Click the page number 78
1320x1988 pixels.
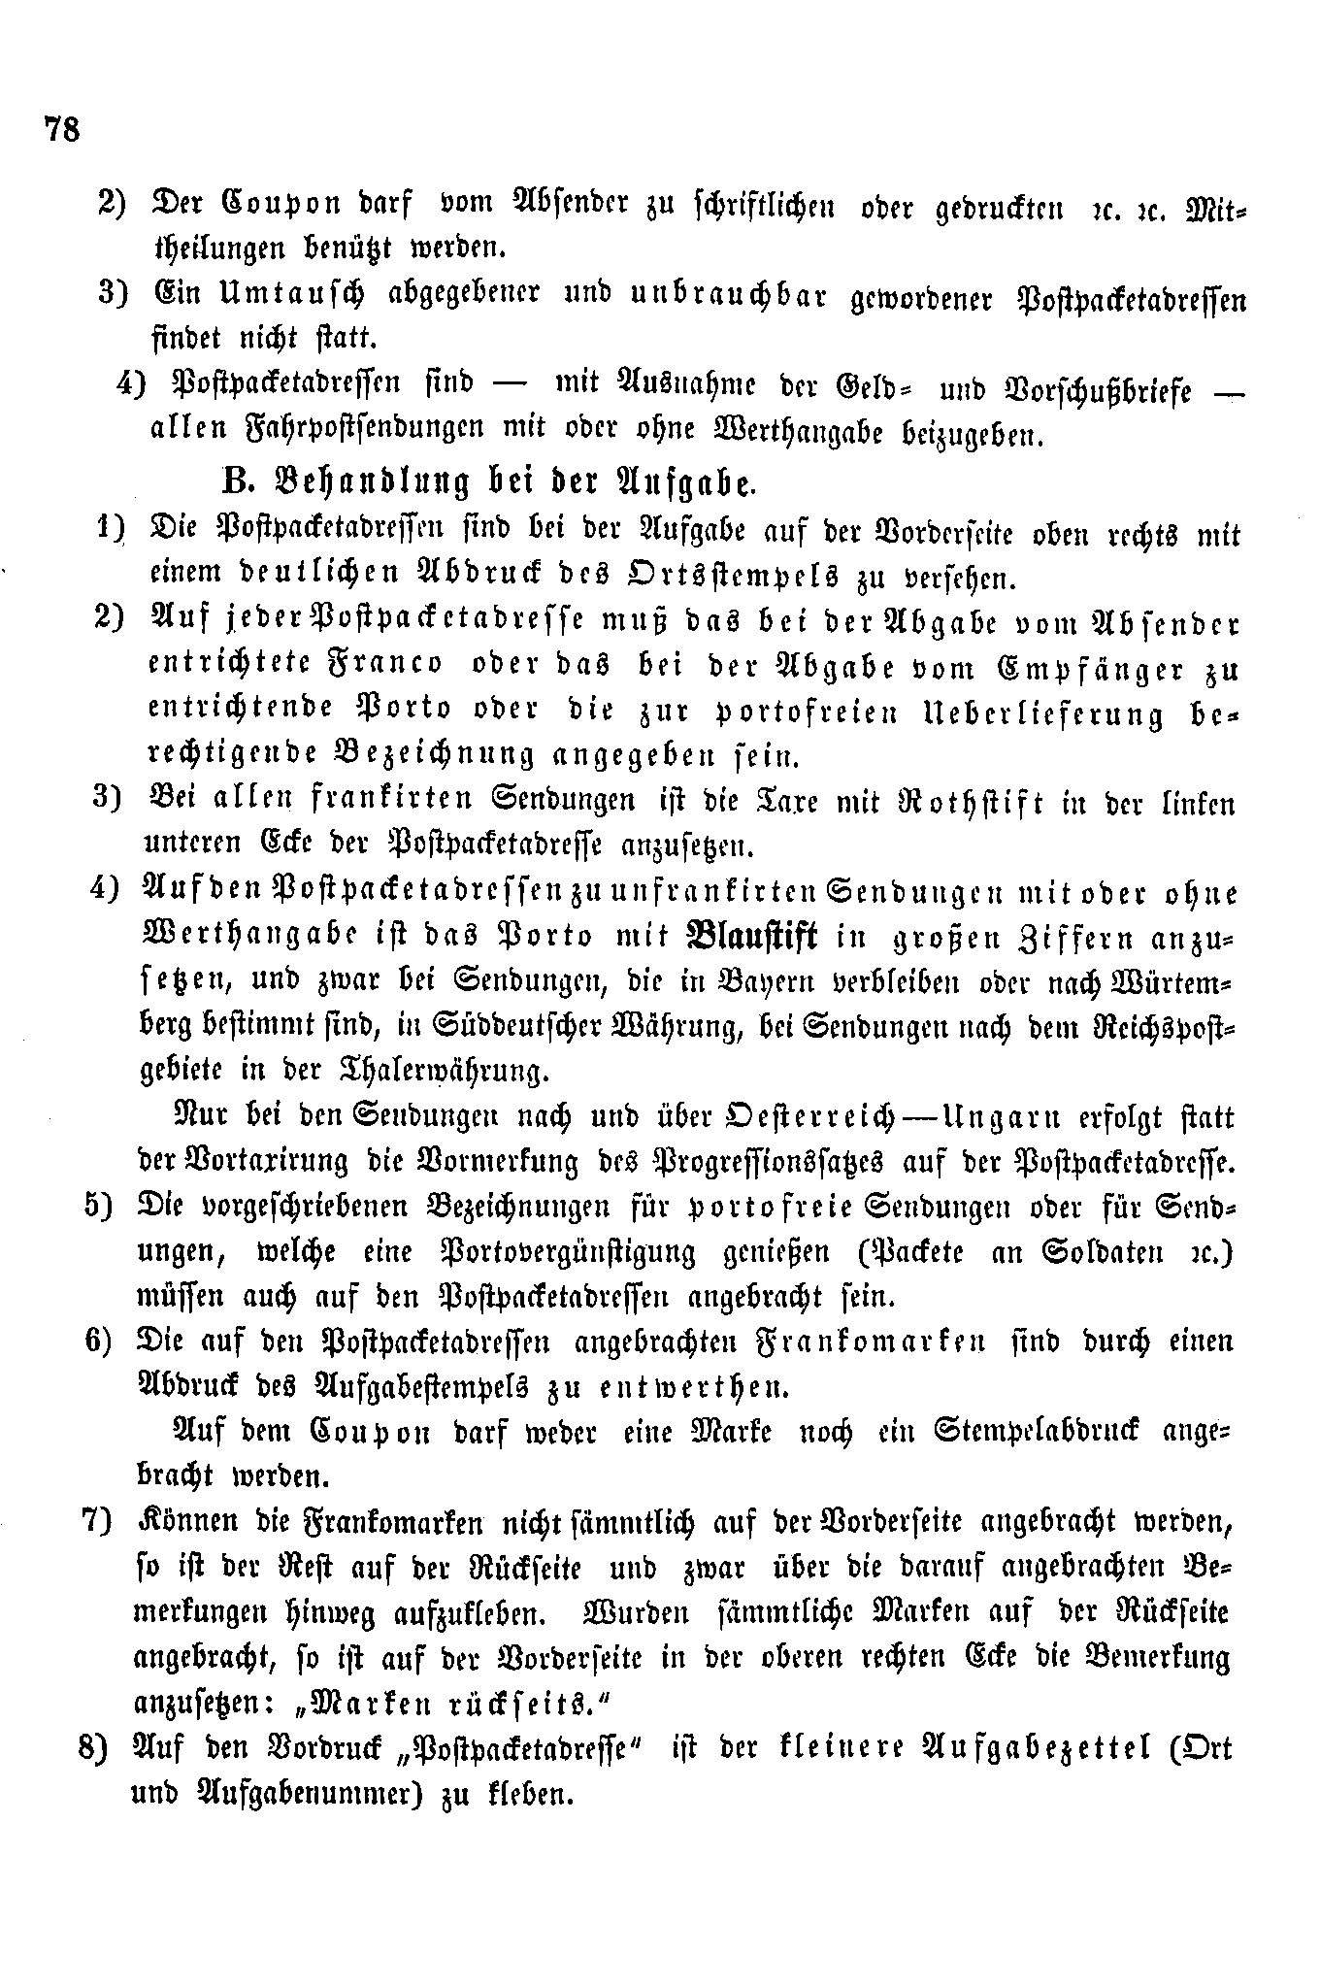pyautogui.click(x=61, y=128)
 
